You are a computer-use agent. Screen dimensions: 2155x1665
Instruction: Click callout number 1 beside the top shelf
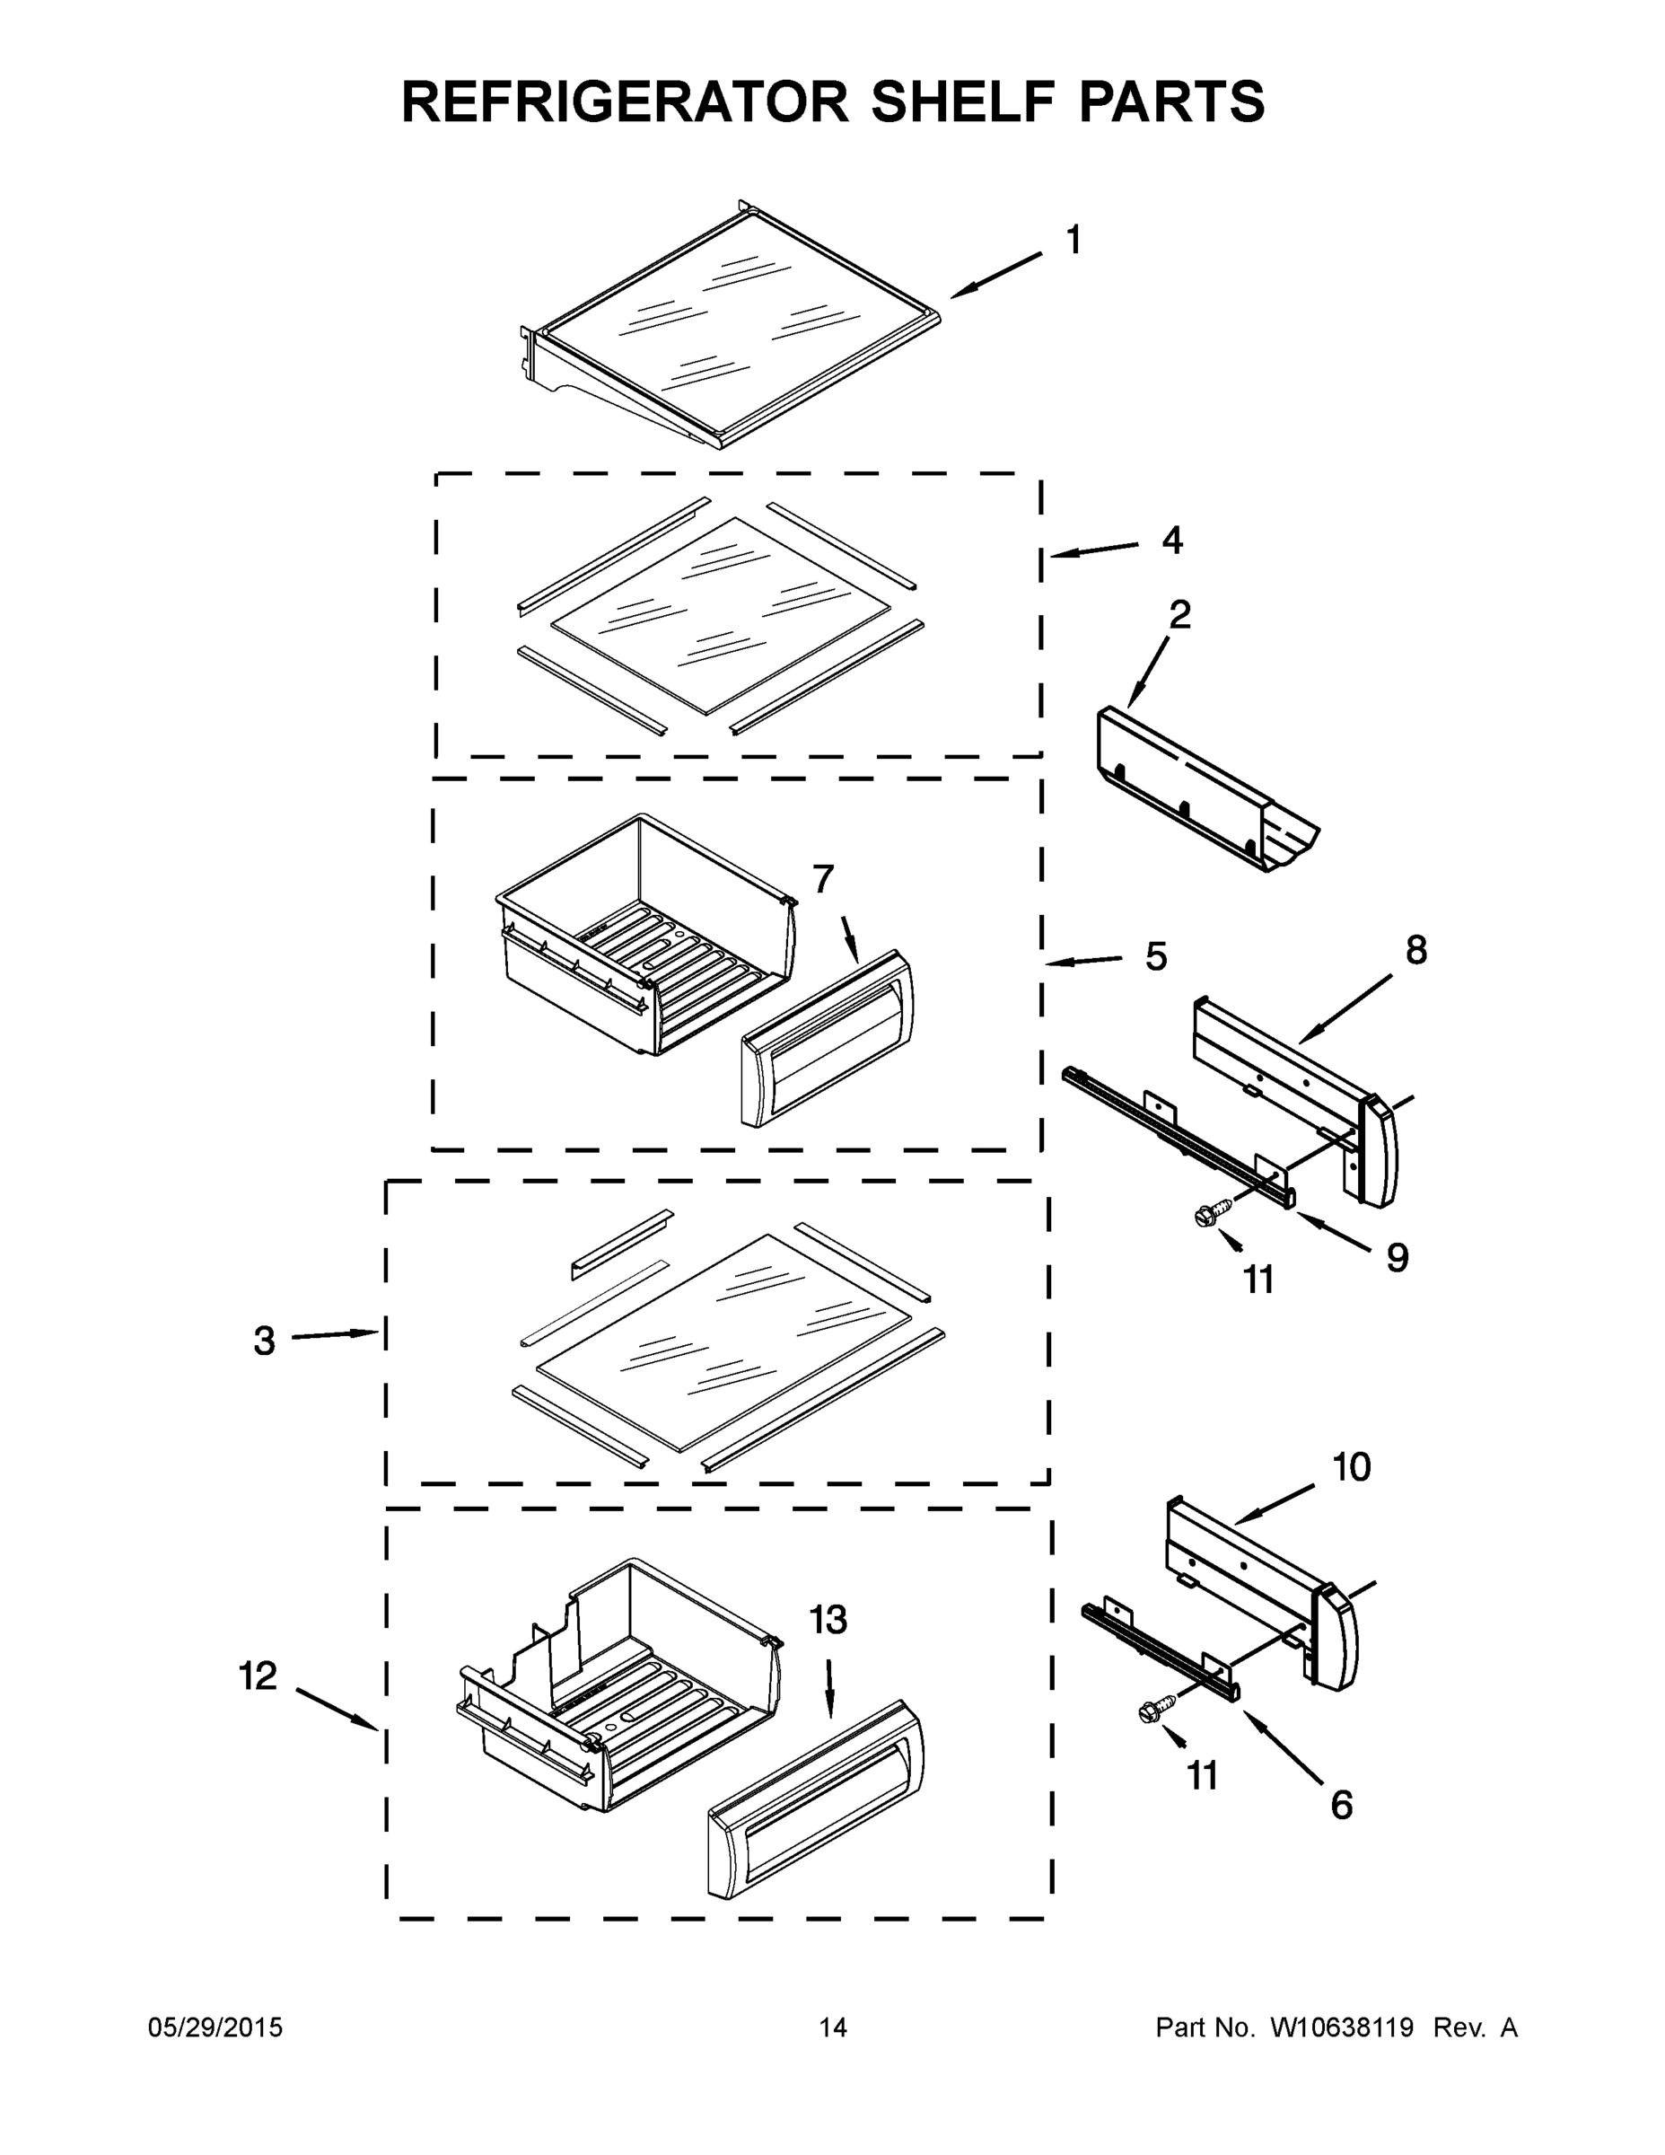tap(1073, 240)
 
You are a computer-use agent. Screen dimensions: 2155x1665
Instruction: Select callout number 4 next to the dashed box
tap(1170, 540)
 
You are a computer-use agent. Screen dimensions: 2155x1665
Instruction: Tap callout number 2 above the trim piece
tap(1179, 615)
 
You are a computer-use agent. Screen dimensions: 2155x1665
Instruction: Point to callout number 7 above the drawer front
tap(823, 878)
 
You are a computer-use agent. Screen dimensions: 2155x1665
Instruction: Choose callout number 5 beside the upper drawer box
tap(1156, 956)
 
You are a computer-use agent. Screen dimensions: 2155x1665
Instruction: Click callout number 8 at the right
tap(1415, 950)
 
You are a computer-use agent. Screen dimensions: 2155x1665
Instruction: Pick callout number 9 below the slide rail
tap(1397, 1257)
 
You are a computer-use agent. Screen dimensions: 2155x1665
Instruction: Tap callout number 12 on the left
tap(259, 1676)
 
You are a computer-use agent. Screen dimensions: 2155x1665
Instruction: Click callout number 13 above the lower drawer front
tap(828, 1619)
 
